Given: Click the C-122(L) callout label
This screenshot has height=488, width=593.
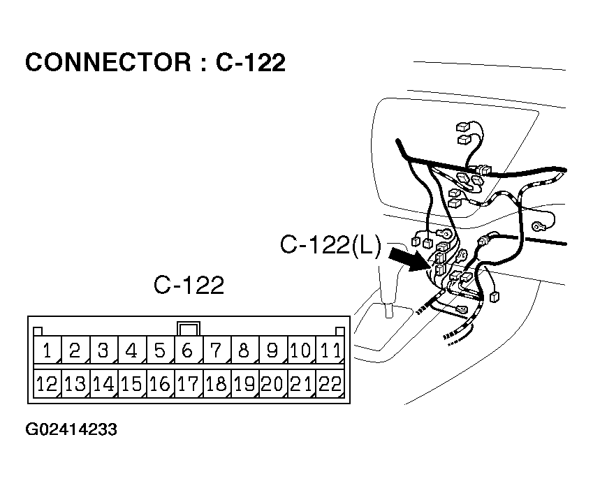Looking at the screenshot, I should pos(330,245).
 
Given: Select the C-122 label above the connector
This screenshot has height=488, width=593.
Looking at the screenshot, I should pos(189,286).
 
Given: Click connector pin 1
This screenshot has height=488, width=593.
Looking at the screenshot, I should pos(47,350).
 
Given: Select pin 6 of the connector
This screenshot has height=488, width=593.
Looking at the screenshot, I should pos(188,350).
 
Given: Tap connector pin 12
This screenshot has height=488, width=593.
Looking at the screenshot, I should pos(47,383).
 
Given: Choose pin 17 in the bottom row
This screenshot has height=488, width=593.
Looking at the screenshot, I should pos(188,383).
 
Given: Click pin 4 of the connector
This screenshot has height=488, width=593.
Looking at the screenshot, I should pos(131,350).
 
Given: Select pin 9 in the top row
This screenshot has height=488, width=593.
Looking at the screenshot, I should pos(272,350).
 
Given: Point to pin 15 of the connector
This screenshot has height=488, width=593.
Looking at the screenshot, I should pos(131,383).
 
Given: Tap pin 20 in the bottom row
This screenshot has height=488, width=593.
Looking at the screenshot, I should pos(272,383).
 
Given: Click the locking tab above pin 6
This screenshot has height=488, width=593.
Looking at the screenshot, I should pos(188,327).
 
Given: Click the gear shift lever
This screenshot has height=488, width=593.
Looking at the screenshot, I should pos(387,286).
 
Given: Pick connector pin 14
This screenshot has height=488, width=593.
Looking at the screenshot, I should pos(103,383).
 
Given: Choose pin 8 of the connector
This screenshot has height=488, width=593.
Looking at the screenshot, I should pos(244,350).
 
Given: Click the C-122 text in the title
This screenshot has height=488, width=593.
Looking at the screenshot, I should pos(250,63).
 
